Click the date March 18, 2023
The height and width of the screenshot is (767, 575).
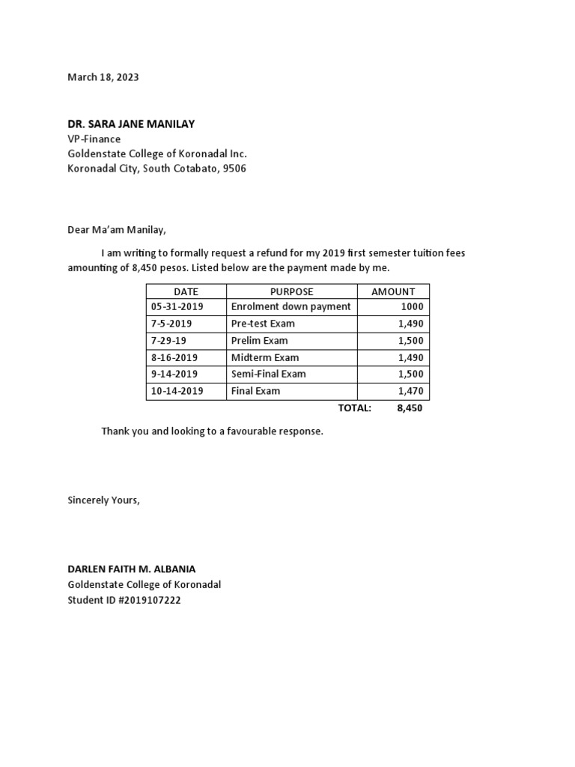point(103,77)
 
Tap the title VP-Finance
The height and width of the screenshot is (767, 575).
point(94,139)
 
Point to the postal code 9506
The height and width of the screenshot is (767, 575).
point(234,169)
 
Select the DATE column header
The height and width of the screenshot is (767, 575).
point(186,291)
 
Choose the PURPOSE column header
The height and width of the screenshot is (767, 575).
point(291,291)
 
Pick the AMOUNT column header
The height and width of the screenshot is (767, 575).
point(393,291)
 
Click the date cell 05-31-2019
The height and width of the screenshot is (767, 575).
point(177,307)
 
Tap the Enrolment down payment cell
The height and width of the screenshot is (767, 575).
point(291,307)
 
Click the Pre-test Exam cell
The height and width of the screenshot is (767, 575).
point(263,324)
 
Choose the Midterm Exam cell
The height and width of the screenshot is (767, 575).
point(265,357)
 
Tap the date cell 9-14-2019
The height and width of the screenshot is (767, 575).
point(174,374)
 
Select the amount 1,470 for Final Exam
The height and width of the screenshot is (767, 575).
point(411,391)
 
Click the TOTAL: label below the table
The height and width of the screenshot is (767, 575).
point(355,408)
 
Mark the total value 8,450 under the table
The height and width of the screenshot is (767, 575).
point(410,408)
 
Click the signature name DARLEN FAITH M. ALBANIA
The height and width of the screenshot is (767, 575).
point(132,569)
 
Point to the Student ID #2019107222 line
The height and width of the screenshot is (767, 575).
point(124,600)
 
